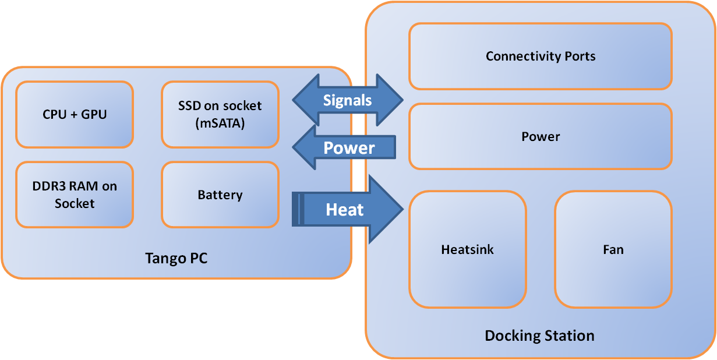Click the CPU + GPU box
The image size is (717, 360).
75,114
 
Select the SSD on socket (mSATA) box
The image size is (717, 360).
220,114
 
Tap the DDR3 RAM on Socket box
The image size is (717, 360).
75,195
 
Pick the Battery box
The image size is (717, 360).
220,195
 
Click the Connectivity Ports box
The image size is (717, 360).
541,57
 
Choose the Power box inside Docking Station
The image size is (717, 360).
541,136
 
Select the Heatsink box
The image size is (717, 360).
468,249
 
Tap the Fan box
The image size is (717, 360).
613,249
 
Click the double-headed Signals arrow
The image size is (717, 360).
348,100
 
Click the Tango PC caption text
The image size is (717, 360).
176,258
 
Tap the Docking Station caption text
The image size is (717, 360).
539,336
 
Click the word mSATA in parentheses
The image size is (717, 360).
220,123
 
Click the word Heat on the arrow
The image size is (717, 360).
345,210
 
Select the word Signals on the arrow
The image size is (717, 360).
347,100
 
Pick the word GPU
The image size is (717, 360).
95,114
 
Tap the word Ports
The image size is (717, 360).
580,57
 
